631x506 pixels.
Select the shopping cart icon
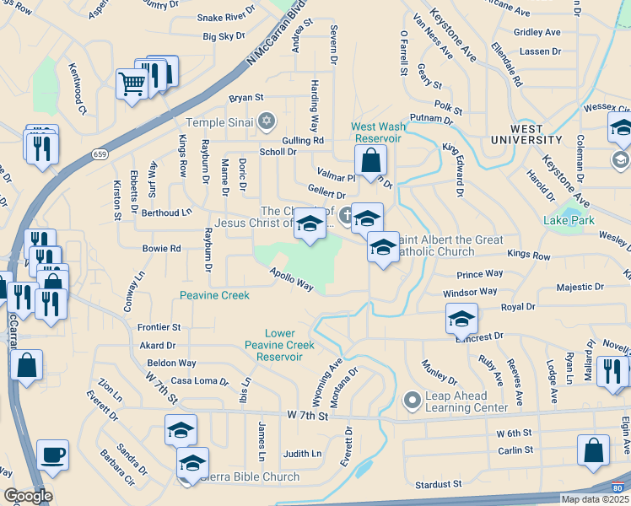132,83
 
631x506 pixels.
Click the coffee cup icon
52,455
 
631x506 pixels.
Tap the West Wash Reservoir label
376,132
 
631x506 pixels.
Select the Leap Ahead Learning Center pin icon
412,399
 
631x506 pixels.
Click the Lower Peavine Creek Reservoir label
279,345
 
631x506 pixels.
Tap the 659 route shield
100,154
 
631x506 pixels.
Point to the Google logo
28,496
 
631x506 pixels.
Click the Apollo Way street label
292,281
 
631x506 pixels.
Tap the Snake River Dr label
226,17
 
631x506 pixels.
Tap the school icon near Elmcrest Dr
461,318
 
